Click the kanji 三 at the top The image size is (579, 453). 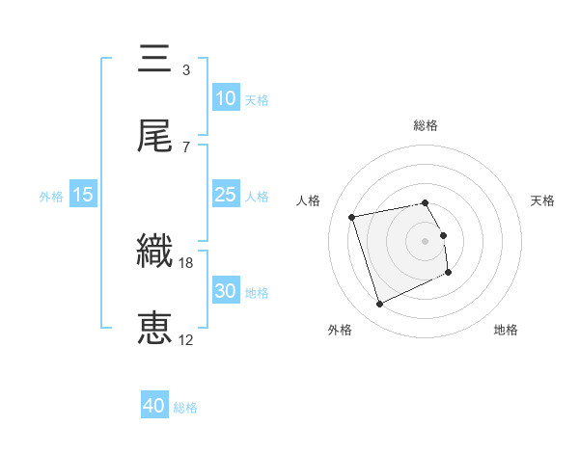[x=154, y=61]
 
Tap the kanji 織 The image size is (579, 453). [x=154, y=253]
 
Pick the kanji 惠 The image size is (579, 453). [x=154, y=329]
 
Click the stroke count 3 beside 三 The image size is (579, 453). [x=185, y=70]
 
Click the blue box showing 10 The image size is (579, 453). [x=225, y=98]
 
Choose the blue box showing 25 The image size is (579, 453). [x=225, y=195]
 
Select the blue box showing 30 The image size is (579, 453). [x=225, y=291]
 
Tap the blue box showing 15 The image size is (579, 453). [x=83, y=195]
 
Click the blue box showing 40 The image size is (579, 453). [x=154, y=407]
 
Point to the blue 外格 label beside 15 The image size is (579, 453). [x=51, y=196]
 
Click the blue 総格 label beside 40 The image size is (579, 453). [x=185, y=408]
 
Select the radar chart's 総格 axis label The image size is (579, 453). [x=426, y=125]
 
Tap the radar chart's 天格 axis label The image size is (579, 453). [x=543, y=200]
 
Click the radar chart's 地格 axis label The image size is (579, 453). [x=506, y=330]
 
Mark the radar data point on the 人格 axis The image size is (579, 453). [x=352, y=216]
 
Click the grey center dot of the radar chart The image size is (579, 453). [x=426, y=240]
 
